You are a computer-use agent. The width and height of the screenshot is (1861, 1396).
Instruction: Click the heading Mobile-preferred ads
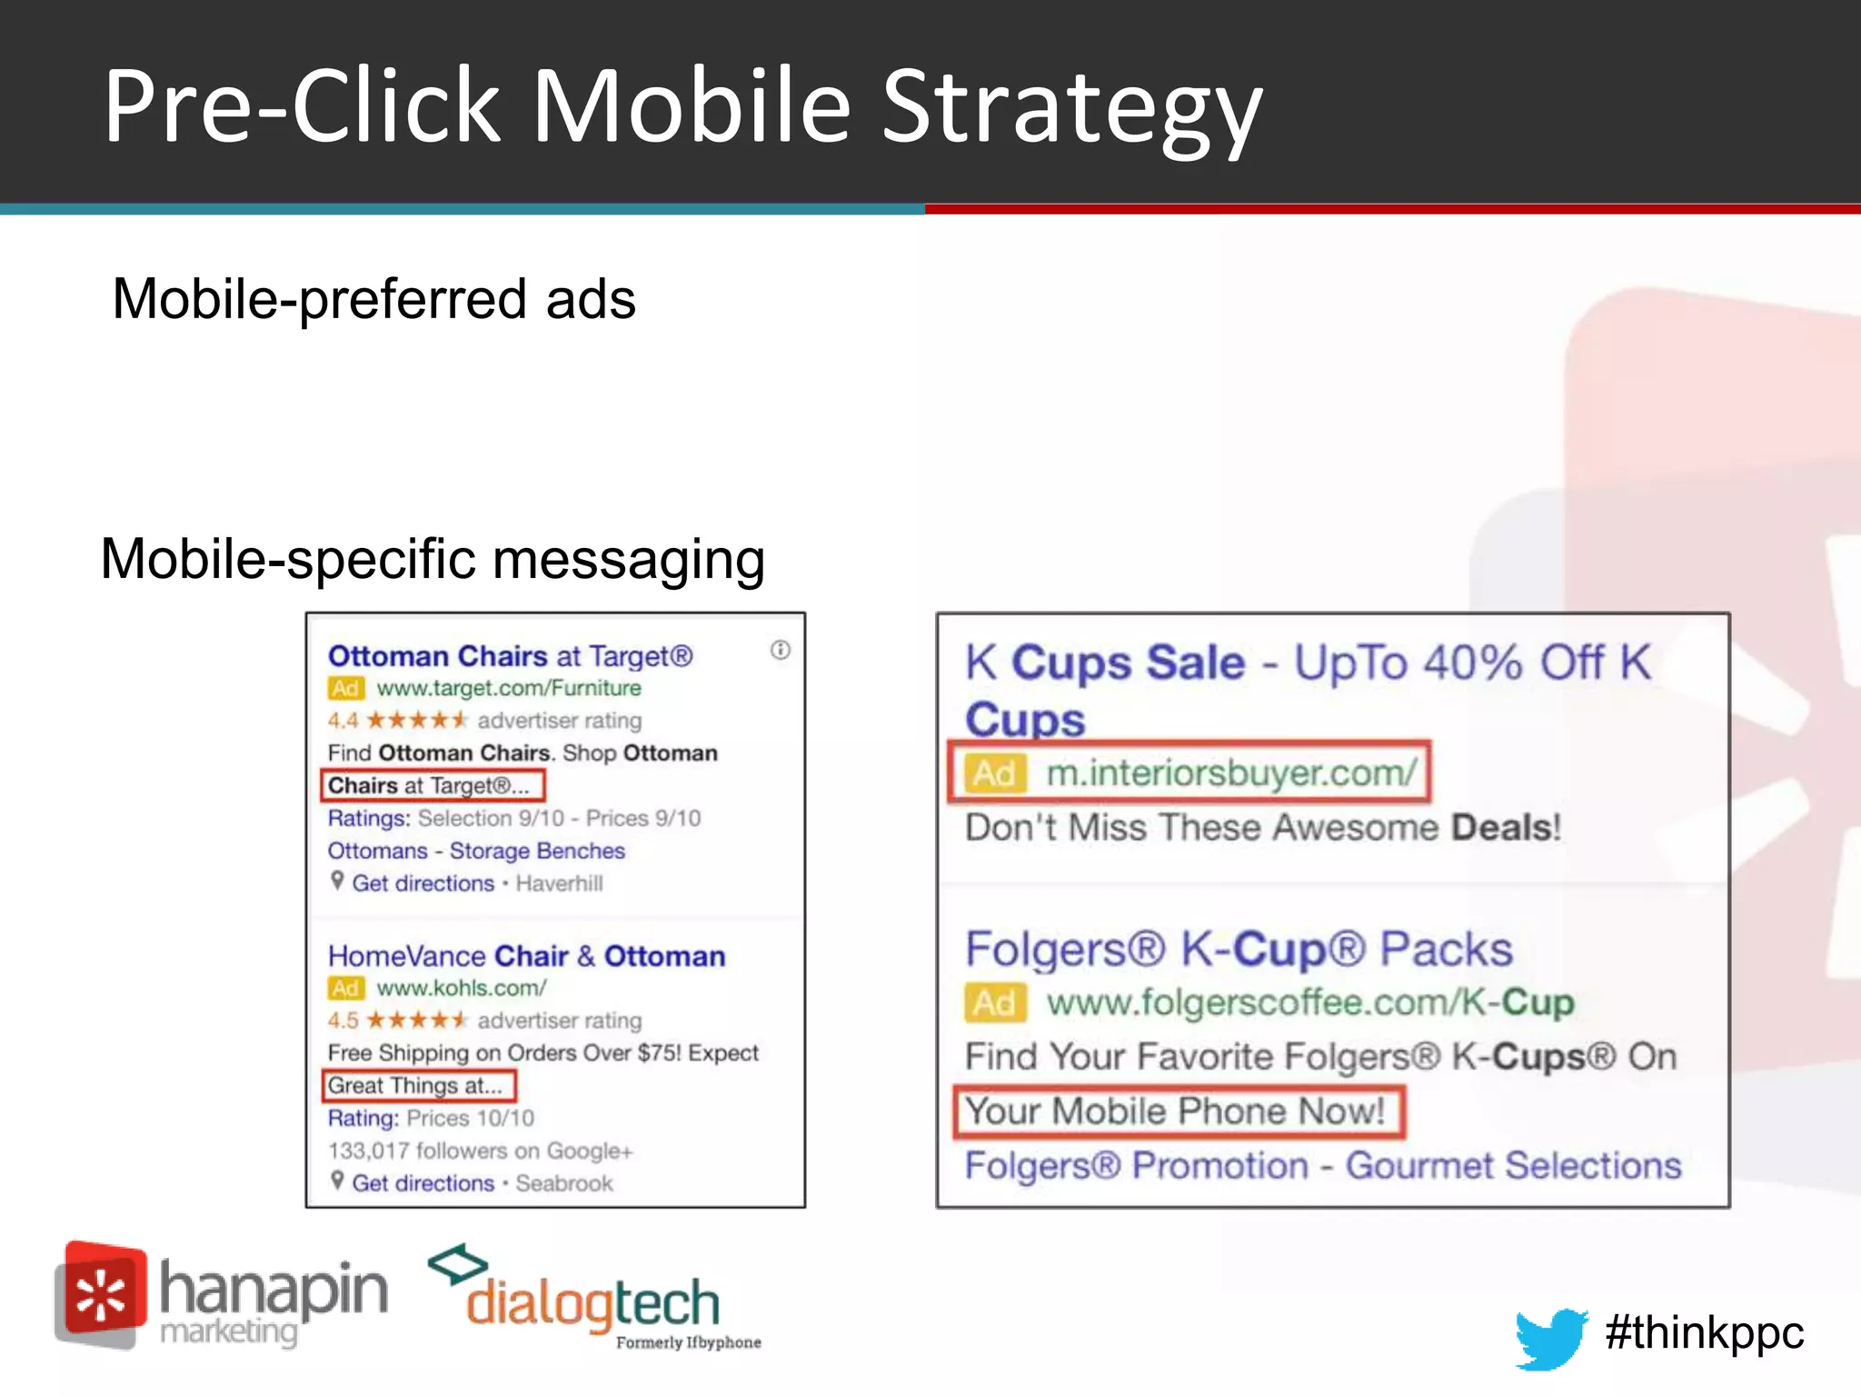coord(373,299)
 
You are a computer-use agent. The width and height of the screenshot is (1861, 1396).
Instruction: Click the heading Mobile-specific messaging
coord(433,558)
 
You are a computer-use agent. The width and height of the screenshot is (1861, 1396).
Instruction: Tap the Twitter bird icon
coord(1549,1337)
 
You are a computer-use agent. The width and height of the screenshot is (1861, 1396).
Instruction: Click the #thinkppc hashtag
coord(1704,1333)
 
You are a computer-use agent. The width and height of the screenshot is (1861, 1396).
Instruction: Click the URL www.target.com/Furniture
coord(508,688)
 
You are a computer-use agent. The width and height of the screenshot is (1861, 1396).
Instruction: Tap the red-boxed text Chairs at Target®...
coord(428,785)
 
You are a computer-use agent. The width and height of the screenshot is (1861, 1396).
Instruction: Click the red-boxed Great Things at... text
coord(415,1085)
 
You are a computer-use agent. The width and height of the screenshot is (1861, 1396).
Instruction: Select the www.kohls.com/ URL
coord(462,988)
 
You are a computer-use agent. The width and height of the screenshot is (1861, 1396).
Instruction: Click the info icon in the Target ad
coord(781,650)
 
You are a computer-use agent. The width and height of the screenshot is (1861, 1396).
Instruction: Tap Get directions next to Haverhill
coord(423,883)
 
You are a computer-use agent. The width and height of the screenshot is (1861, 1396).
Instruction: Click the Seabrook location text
coord(564,1183)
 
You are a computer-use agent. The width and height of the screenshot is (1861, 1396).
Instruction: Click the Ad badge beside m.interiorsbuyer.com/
coord(994,773)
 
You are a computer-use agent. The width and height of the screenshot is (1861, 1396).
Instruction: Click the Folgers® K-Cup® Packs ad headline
coord(1239,950)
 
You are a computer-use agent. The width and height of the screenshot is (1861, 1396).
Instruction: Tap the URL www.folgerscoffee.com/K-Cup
coord(1309,1002)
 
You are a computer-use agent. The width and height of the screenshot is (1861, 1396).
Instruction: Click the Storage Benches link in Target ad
coord(537,851)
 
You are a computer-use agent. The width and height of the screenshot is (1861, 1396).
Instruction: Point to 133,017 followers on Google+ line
coord(480,1151)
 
